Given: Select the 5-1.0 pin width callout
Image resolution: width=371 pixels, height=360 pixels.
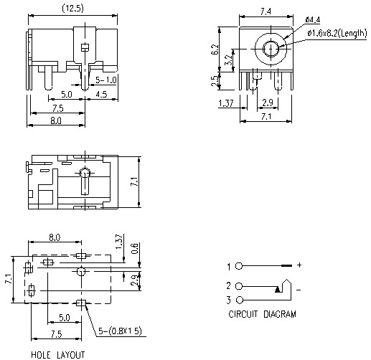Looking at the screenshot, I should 107,81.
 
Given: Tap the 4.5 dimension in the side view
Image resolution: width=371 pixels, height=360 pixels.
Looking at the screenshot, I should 101,94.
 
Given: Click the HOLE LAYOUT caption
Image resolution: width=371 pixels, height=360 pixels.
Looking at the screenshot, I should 57,354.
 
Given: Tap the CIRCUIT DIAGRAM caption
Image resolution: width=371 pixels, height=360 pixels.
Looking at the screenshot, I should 262,314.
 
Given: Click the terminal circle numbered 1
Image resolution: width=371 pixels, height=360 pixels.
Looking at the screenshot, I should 240,267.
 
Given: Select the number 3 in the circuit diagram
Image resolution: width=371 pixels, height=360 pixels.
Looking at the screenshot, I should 229,299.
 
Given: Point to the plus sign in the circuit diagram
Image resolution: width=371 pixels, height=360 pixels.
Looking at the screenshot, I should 299,265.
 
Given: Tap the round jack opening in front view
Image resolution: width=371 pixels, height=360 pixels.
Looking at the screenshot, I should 271,49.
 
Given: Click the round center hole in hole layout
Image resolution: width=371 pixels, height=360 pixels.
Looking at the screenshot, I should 82,271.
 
